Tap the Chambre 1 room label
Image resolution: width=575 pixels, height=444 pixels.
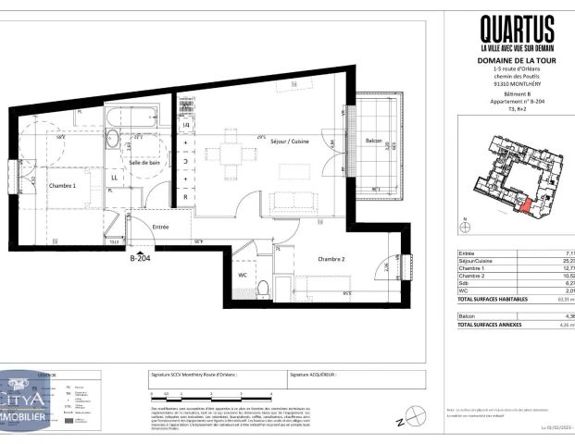tap(62, 185)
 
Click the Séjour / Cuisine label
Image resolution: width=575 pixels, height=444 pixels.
tap(289, 141)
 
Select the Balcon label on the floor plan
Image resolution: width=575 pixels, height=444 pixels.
tap(373, 141)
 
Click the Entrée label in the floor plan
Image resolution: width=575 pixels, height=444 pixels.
tap(160, 225)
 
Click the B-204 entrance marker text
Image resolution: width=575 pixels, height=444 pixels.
tap(139, 260)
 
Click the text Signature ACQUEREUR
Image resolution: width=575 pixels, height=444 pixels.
tap(314, 375)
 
